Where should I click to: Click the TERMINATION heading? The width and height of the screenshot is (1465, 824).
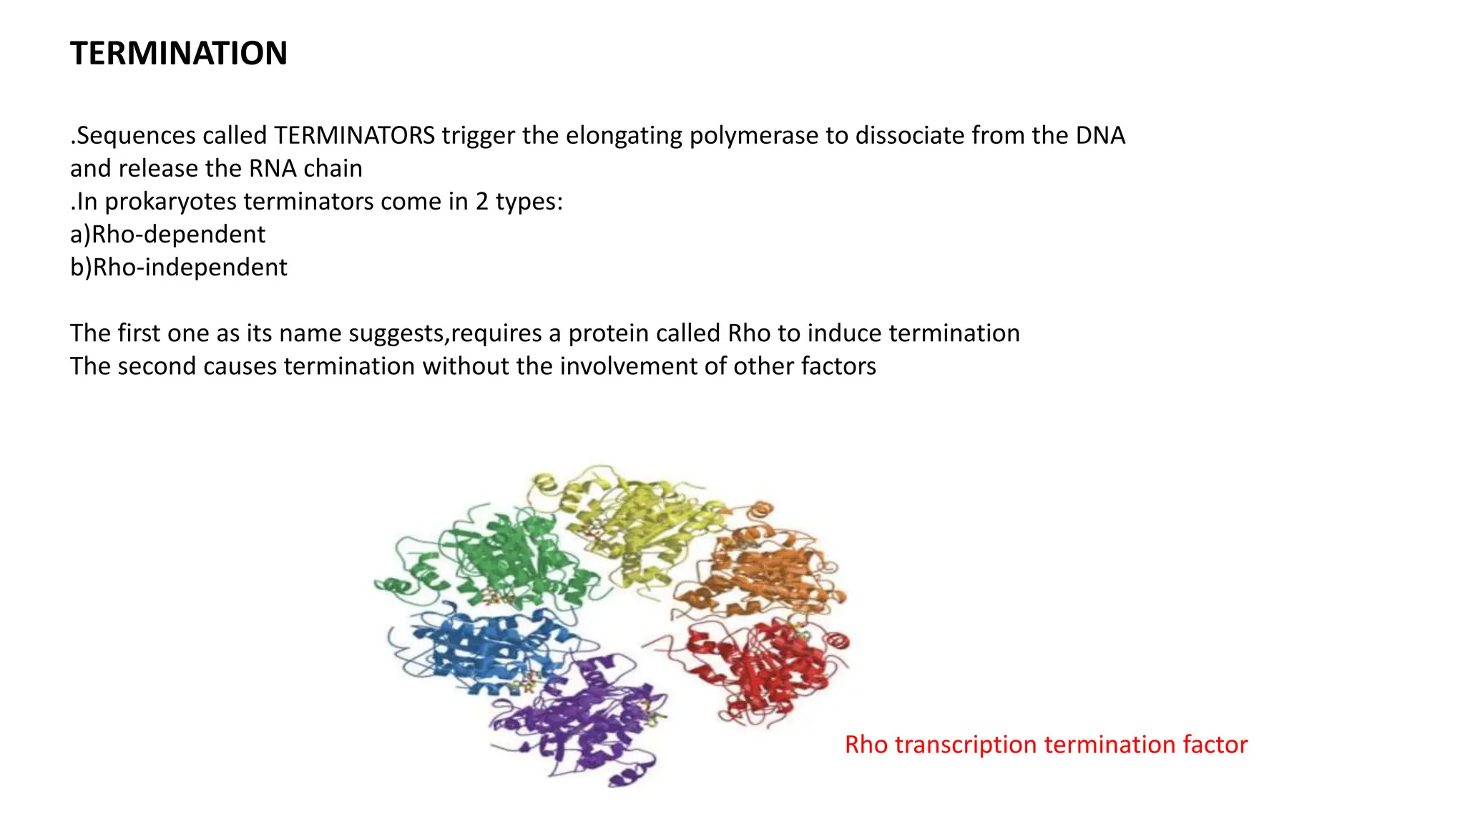point(178,54)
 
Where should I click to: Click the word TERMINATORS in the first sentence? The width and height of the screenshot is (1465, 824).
point(354,135)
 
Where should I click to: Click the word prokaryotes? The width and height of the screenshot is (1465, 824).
point(170,202)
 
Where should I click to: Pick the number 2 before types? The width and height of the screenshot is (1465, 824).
point(482,202)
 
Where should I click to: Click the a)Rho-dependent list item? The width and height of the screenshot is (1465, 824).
point(167,234)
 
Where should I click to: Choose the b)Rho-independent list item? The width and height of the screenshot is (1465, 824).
point(178,267)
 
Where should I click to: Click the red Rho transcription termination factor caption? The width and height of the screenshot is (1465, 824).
point(1046,745)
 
